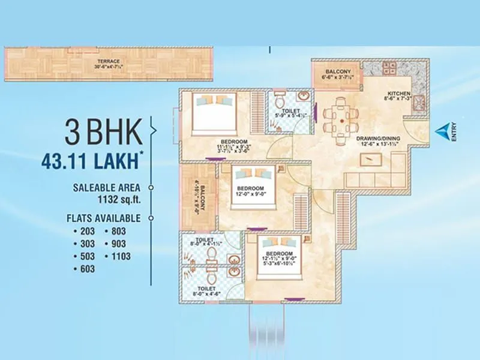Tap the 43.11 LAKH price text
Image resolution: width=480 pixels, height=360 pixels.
93,161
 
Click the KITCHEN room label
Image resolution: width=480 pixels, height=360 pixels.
398,94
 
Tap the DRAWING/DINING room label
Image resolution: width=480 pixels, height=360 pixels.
378,137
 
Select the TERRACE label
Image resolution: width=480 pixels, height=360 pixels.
109,61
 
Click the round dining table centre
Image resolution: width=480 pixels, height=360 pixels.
341,121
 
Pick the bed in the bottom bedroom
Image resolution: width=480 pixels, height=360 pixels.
278,255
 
